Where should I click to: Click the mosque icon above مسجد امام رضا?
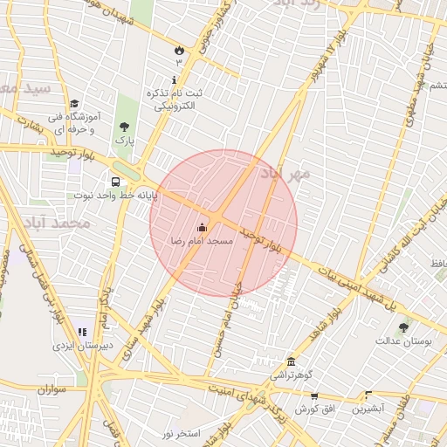click(x=203, y=227)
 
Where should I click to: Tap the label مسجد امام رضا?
click(x=203, y=240)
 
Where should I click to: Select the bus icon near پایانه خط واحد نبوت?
click(x=115, y=182)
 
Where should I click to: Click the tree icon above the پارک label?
click(x=124, y=127)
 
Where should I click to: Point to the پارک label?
click(x=124, y=140)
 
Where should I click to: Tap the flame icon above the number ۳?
click(x=179, y=50)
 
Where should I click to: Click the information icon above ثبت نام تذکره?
click(x=174, y=79)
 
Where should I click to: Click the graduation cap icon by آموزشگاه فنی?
click(x=74, y=103)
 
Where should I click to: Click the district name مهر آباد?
click(x=285, y=173)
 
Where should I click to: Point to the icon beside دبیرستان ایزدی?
click(x=82, y=332)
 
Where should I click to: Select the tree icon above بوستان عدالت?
click(x=402, y=327)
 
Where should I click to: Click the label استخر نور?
click(x=181, y=434)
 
